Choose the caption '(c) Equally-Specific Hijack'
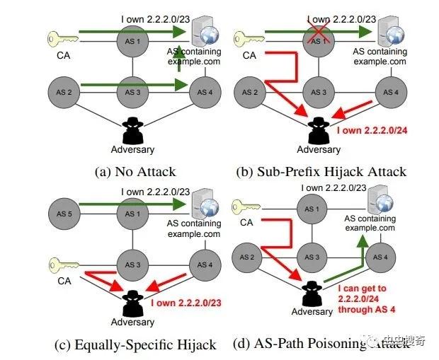click(135, 344)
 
